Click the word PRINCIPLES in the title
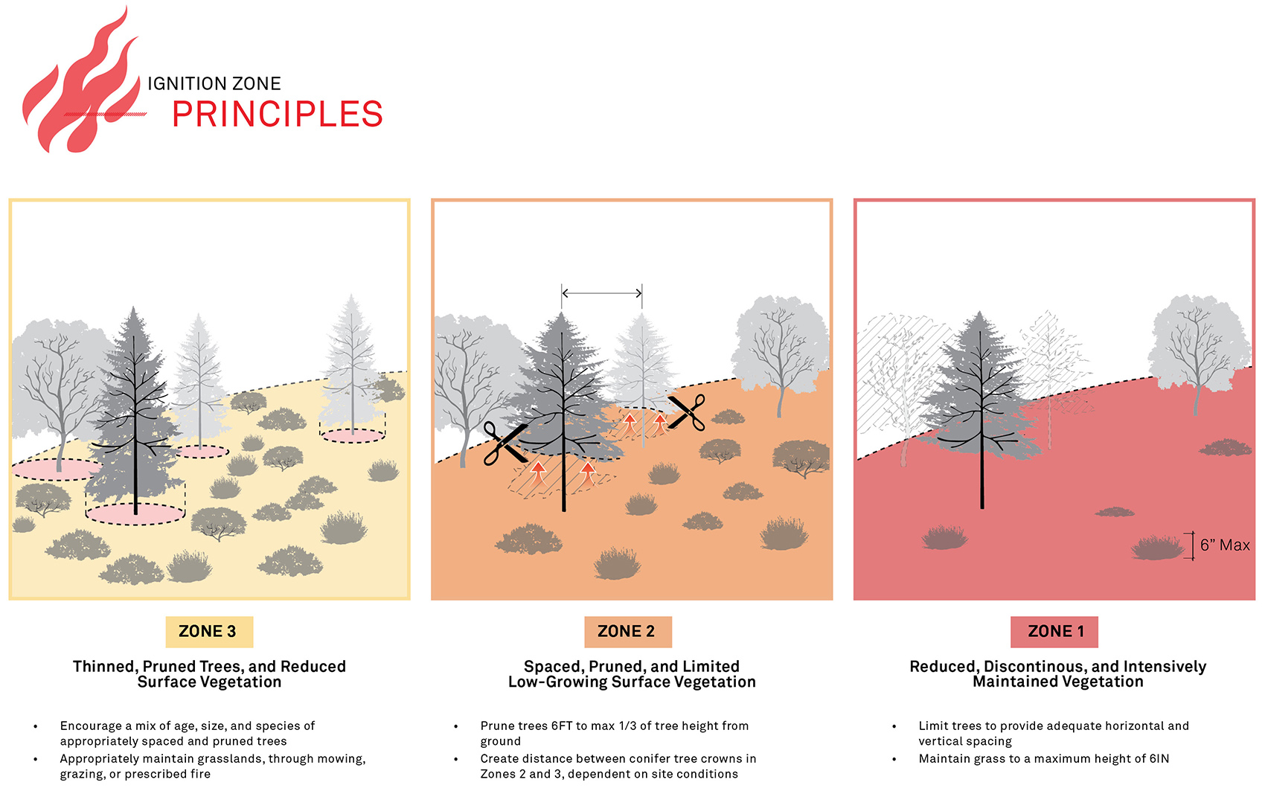click(277, 115)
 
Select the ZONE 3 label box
click(208, 632)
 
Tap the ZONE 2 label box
click(627, 632)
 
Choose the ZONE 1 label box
click(1054, 632)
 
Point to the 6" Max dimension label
click(1224, 545)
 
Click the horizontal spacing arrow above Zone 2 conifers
click(601, 293)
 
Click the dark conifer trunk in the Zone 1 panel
click(981, 476)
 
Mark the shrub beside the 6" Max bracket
click(1157, 548)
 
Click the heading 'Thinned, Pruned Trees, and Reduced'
click(209, 667)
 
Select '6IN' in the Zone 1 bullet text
click(1159, 759)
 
